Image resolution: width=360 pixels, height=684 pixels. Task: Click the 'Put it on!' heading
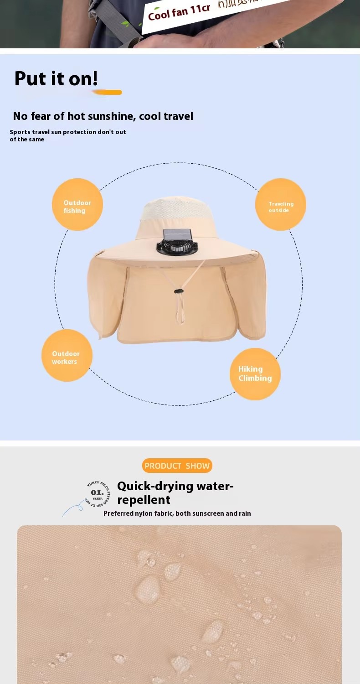[x=56, y=78]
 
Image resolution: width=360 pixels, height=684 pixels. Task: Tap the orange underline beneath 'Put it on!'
[x=108, y=93]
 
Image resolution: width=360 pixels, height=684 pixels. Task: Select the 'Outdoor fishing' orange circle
[x=77, y=205]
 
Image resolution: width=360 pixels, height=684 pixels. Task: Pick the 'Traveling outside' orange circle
[x=280, y=205]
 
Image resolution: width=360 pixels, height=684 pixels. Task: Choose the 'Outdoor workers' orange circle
[x=67, y=356]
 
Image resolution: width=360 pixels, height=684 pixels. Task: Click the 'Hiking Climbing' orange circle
[x=255, y=374]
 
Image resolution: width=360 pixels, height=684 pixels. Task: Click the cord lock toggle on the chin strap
[x=178, y=290]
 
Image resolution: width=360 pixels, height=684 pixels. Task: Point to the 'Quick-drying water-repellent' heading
[x=175, y=493]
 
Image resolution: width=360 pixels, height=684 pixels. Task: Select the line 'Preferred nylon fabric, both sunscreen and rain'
[x=177, y=513]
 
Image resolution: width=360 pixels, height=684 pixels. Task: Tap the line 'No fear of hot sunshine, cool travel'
[x=103, y=116]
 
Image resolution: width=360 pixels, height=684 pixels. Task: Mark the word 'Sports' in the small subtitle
[x=20, y=132]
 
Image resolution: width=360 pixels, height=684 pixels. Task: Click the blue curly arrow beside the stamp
[x=72, y=509]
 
